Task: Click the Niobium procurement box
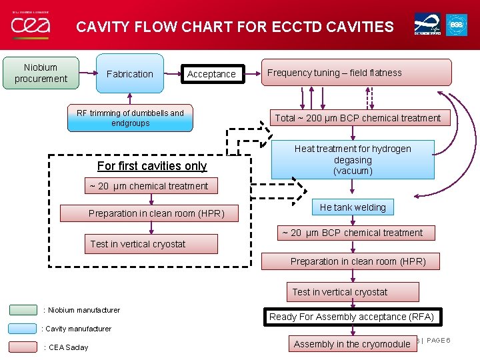click(41, 73)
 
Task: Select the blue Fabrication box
click(130, 74)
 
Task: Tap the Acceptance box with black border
click(211, 74)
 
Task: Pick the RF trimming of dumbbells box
click(130, 118)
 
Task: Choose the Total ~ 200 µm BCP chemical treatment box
click(358, 118)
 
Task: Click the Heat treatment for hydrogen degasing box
click(353, 159)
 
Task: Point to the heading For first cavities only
click(152, 166)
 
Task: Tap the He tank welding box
click(353, 207)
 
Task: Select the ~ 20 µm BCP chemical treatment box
click(352, 233)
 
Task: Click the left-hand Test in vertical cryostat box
click(151, 244)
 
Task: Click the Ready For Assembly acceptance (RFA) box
click(351, 317)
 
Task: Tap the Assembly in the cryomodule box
click(351, 344)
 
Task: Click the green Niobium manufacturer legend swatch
click(23, 310)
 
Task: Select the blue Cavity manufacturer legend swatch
click(23, 329)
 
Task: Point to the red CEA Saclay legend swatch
click(23, 347)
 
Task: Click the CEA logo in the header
click(30, 25)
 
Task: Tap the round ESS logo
click(457, 25)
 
